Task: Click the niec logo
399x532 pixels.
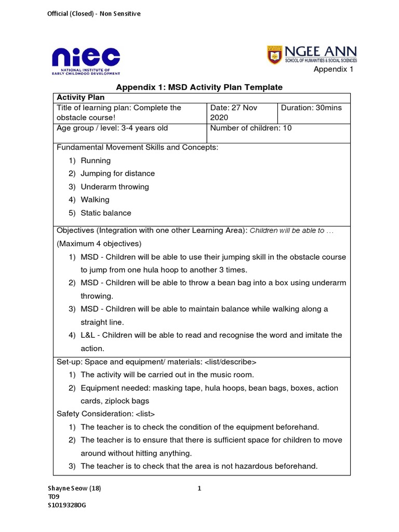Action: point(86,60)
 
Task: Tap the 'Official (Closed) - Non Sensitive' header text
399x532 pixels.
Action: point(94,14)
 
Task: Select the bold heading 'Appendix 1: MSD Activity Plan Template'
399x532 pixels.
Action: point(199,87)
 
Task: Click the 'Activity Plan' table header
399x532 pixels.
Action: point(81,97)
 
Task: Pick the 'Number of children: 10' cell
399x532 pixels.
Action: point(251,128)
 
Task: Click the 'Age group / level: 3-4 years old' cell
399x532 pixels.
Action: point(112,128)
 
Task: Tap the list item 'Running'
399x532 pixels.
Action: point(96,161)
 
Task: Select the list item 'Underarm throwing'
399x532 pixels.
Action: point(114,187)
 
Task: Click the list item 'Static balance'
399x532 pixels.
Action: point(106,212)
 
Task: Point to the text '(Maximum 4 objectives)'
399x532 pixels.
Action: point(99,243)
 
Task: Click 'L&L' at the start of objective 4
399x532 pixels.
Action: point(88,335)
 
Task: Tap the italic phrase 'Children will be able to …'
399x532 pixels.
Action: point(291,231)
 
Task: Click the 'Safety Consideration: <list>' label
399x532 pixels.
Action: point(106,414)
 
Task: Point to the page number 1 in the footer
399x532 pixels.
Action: point(199,488)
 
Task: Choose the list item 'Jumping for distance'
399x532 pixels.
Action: point(117,174)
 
